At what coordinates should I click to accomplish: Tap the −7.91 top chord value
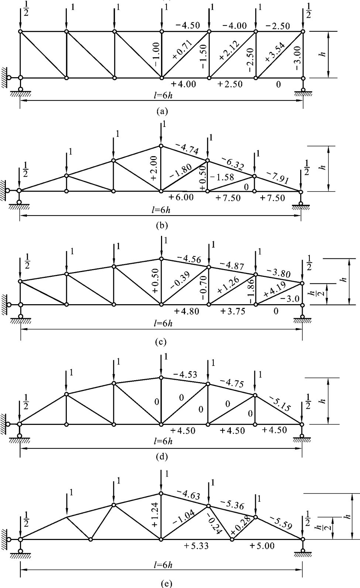pyautogui.click(x=278, y=177)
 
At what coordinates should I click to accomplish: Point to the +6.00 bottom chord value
pyautogui.click(x=181, y=197)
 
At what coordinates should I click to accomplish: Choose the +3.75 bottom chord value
pyautogui.click(x=233, y=311)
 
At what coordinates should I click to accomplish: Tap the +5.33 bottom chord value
pyautogui.click(x=196, y=546)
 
